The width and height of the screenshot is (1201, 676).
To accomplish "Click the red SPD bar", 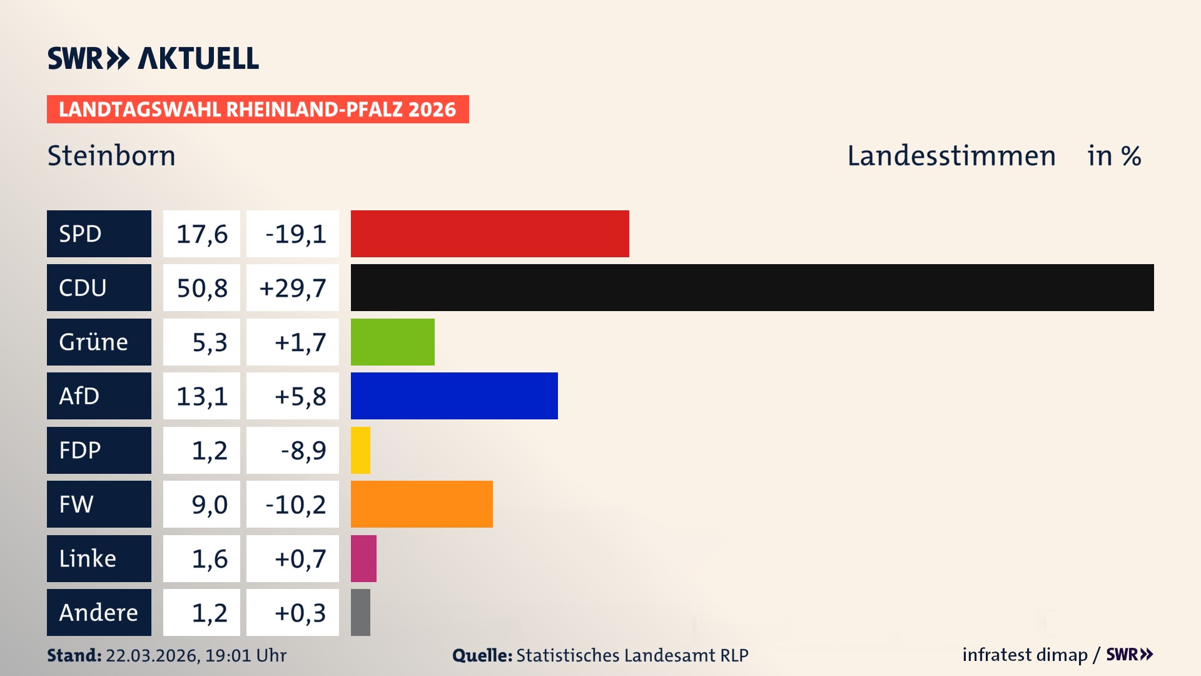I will [x=490, y=233].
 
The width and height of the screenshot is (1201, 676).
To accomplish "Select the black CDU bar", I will [x=752, y=287].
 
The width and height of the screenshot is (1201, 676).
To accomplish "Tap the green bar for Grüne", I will [x=392, y=342].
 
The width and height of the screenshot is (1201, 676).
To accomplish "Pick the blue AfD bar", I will [x=454, y=396].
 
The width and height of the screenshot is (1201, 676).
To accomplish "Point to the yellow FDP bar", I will [x=360, y=450].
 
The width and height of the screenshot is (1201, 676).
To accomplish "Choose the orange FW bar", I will [x=422, y=504].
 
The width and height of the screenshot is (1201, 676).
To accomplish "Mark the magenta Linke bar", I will [x=363, y=558].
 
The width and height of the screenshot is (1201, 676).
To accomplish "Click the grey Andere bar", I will [x=360, y=612].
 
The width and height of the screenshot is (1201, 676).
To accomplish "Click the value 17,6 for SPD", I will [x=201, y=234].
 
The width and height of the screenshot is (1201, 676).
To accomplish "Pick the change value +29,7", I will [x=292, y=288].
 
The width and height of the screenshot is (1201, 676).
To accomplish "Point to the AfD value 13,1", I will [x=201, y=396].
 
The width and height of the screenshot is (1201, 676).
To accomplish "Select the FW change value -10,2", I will [x=295, y=504].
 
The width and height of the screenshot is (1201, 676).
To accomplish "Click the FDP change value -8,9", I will [x=303, y=451].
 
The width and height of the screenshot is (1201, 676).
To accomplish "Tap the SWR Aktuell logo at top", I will [x=153, y=58].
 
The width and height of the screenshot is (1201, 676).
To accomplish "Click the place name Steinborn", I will [x=111, y=155].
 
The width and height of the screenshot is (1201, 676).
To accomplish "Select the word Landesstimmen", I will [x=951, y=155].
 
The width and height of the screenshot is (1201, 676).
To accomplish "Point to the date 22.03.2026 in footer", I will [x=152, y=655].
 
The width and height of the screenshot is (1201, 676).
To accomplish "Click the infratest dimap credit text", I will [x=1024, y=655].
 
